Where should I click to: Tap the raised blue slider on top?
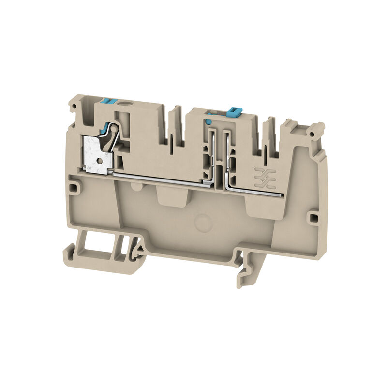click(233, 112)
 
